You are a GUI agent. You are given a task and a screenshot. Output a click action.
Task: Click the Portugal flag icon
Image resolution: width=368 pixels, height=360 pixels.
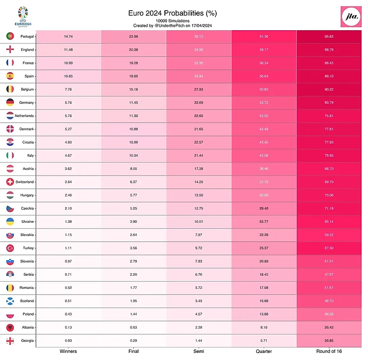(10, 37)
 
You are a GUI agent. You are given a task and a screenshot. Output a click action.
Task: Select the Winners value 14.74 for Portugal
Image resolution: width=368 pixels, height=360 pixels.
(69, 37)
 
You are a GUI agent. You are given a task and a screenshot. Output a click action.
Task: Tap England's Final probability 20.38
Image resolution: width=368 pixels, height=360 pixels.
(133, 50)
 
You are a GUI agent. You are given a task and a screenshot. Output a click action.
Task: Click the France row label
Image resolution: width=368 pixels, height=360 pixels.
(28, 63)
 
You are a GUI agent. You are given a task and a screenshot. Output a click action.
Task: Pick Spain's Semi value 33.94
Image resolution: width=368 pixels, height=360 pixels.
(198, 76)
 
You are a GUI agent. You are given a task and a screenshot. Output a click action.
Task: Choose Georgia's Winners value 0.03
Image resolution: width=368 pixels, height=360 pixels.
(69, 341)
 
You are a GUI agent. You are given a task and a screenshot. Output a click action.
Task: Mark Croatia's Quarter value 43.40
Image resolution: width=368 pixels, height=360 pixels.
(263, 142)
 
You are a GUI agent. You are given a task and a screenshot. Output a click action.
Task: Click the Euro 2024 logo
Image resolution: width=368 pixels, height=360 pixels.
(24, 17)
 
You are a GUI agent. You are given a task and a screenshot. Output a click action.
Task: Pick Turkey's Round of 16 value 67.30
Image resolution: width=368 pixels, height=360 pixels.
(329, 248)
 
